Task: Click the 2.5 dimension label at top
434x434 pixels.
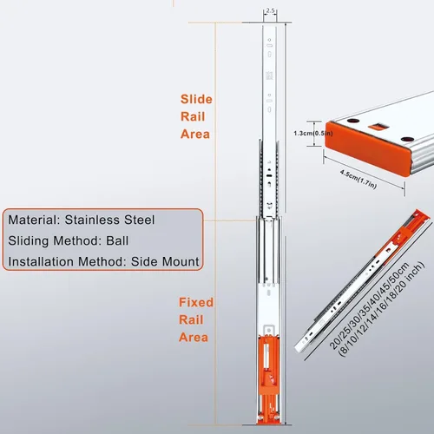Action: pos(270,10)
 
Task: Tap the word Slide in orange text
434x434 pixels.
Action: pos(196,99)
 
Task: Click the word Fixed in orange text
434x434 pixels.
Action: pos(196,302)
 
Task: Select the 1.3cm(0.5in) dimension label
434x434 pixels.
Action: pos(313,134)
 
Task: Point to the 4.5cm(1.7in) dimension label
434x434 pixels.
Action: pos(358,180)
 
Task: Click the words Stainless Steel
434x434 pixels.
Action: pos(109,220)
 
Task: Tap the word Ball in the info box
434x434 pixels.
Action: pos(117,240)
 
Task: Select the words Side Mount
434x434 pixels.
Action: pos(165,261)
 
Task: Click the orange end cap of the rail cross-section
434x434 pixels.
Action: pos(367,148)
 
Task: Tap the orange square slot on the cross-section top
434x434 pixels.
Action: pos(377,127)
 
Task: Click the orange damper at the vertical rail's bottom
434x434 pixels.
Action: pos(268,379)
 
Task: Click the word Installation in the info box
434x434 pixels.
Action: pos(41,261)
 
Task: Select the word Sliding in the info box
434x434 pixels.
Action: pos(29,241)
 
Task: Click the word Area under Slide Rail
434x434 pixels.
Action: pos(195,134)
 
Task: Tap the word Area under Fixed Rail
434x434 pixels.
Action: pos(194,338)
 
